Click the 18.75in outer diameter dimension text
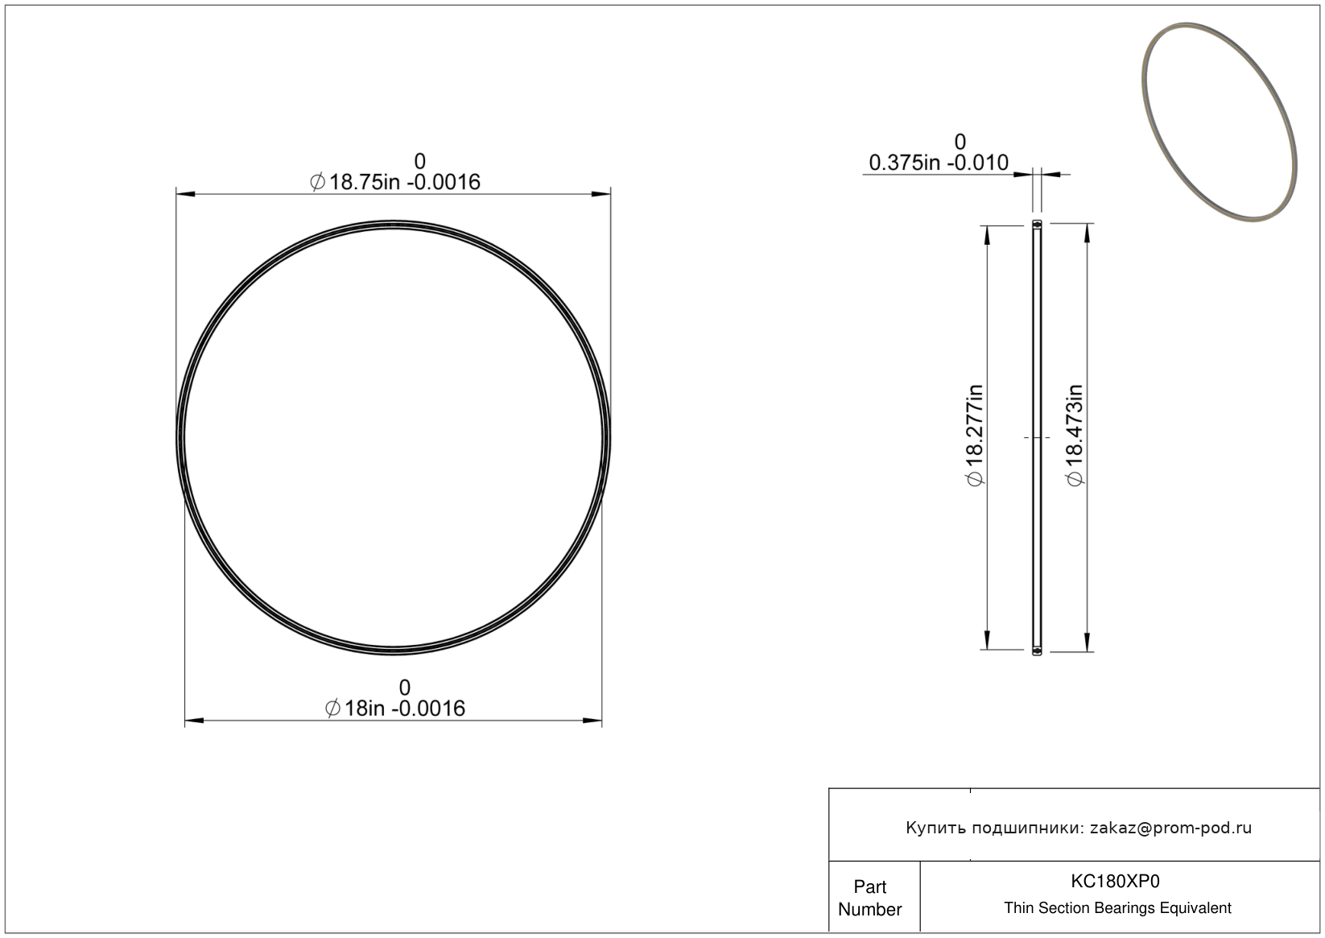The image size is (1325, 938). click(395, 182)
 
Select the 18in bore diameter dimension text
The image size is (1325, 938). click(395, 709)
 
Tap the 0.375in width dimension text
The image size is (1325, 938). click(939, 163)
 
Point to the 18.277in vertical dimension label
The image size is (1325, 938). click(974, 436)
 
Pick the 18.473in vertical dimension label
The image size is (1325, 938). click(1074, 436)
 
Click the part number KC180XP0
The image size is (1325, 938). click(1115, 882)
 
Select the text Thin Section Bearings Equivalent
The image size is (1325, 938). click(1117, 908)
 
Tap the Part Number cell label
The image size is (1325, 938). click(869, 898)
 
